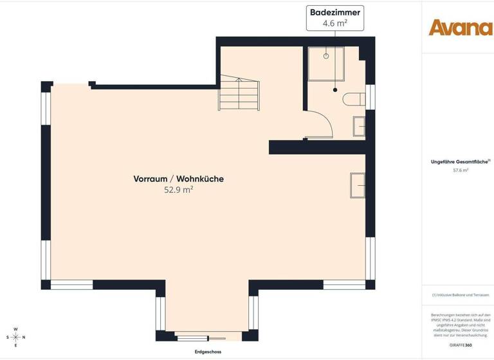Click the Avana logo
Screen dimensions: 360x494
461,27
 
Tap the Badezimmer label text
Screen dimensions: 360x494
335,12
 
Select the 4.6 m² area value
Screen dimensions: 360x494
335,24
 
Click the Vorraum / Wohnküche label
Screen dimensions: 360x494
179,179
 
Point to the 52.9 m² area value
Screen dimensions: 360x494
179,190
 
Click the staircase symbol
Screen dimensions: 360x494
239,94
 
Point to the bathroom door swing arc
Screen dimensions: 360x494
325,122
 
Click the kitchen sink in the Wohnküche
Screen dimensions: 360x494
358,184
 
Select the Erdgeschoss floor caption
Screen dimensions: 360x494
208,352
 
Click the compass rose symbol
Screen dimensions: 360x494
16,337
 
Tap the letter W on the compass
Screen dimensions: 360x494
16,328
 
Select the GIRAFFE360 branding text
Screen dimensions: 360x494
460,345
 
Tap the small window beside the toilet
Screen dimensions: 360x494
369,96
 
